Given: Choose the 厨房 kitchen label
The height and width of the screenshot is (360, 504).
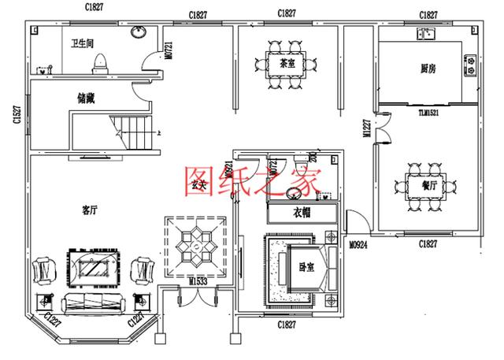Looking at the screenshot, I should [429, 69].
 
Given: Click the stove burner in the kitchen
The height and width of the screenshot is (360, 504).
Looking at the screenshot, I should [471, 64].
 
